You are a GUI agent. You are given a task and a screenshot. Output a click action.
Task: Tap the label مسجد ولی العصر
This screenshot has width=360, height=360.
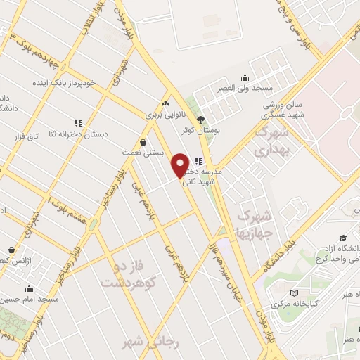pos(244,89)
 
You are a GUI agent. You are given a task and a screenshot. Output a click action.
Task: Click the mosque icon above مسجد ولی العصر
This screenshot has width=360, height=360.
pos(244,78)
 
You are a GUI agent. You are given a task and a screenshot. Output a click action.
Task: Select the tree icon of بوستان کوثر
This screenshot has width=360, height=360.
pos(201,120)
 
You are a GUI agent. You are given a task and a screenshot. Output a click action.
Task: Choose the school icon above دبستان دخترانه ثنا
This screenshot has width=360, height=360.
pos(78,123)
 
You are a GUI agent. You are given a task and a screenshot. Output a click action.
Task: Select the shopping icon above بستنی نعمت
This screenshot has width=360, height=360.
pos(143,141)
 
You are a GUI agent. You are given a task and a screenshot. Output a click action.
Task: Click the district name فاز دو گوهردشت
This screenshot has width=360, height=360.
pos(127,274)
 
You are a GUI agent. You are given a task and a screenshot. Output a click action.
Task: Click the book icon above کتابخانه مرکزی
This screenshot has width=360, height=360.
pos(294,293)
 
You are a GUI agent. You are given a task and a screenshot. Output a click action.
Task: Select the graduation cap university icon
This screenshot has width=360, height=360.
pos(342,238)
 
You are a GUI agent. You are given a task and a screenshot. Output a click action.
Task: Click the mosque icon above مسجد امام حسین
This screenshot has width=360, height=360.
pos(29,288)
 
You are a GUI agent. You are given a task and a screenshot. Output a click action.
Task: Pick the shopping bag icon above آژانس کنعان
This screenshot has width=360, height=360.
pos(11,249)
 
